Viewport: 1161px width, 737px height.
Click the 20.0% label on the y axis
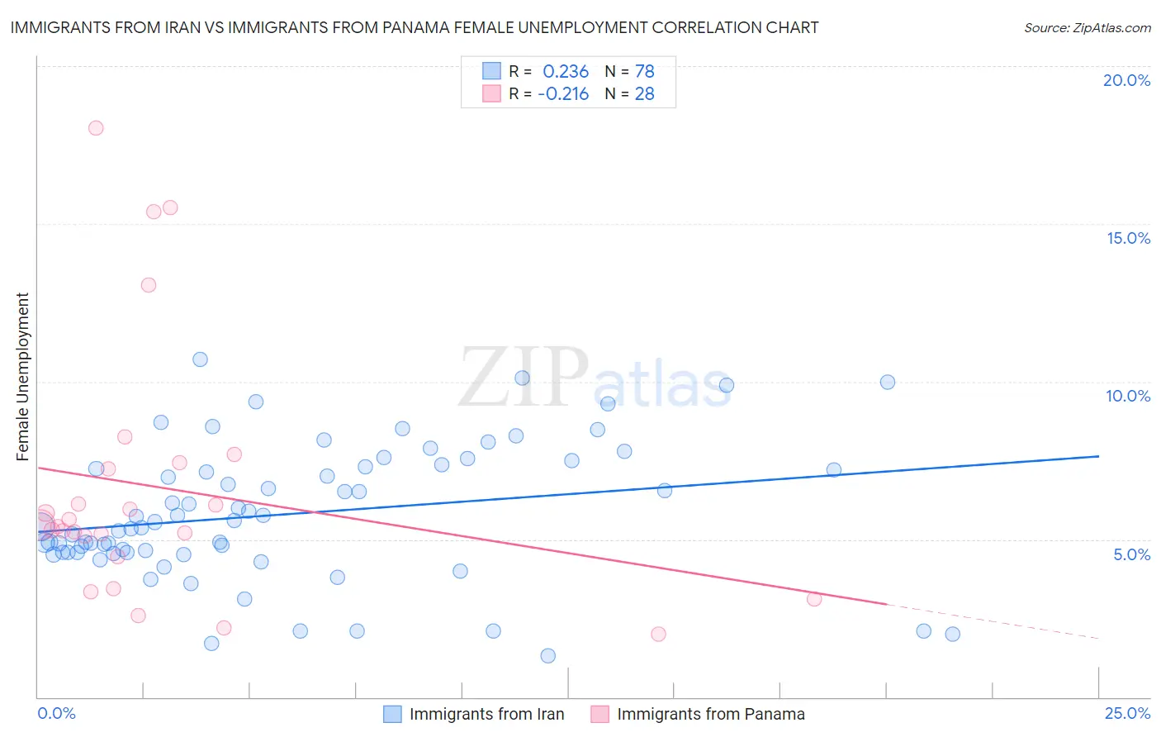coord(1126,80)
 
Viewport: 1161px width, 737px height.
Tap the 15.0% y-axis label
coord(1128,238)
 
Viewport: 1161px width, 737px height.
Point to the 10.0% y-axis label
coord(1128,396)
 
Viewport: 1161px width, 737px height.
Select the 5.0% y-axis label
coord(1131,554)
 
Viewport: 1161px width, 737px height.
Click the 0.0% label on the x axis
coord(57,713)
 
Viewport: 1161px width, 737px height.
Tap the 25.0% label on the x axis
coord(1127,713)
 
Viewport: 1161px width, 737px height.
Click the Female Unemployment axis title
coord(22,377)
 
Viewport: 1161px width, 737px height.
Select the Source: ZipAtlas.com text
coord(1087,28)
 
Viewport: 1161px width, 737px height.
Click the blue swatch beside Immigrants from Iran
coord(393,714)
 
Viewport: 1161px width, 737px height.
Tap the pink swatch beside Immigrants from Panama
coord(600,714)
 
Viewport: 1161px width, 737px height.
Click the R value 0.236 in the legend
coord(566,72)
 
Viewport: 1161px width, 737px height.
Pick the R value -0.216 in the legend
coord(563,94)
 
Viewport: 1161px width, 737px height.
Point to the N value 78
coord(644,72)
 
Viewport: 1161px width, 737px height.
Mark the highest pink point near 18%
coord(96,128)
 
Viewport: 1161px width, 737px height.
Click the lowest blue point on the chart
coord(548,656)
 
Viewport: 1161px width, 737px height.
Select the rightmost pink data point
coord(814,599)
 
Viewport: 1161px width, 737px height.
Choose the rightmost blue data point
coord(952,634)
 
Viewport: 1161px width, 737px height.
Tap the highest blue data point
coord(200,359)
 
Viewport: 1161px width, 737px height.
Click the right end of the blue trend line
coord(1098,456)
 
